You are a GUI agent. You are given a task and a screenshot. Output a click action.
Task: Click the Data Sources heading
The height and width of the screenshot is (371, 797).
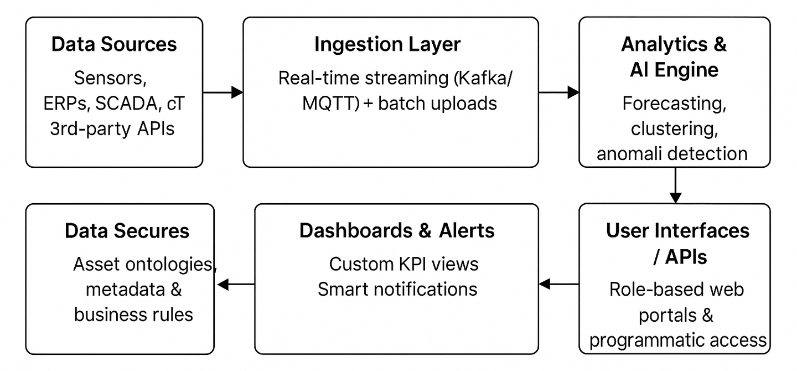114,44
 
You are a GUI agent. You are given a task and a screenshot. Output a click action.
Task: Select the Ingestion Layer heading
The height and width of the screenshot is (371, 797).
387,45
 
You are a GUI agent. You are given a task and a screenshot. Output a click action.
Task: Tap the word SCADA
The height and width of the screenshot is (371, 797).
126,104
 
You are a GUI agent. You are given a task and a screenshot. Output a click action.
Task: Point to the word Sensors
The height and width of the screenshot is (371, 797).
110,78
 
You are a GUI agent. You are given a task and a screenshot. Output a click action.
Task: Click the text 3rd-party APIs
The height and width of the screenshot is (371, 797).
112,128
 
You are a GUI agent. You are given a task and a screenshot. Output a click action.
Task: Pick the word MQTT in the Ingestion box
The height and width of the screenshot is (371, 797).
330,104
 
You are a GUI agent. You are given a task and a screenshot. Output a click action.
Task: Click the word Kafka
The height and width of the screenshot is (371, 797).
483,78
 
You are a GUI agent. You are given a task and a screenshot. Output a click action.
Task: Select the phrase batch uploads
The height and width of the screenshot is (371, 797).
437,104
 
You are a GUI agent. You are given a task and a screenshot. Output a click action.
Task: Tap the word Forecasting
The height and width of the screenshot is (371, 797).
674,104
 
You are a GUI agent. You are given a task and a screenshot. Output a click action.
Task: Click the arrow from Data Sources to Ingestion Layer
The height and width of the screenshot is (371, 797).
223,92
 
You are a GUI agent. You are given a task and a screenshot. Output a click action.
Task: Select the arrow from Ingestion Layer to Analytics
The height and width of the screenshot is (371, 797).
559,92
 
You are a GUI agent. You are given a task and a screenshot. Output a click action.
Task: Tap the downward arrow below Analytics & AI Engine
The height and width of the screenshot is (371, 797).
675,185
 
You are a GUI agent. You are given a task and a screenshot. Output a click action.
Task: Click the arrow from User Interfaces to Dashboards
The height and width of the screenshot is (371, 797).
559,284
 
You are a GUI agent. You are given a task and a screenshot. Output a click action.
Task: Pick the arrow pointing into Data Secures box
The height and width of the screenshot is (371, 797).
236,284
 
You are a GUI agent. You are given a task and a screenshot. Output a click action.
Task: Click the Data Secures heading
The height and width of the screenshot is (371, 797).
127,231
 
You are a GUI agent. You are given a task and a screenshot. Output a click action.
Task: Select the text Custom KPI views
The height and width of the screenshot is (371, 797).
404,264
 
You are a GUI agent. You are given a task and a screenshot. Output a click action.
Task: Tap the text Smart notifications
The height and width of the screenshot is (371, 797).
397,289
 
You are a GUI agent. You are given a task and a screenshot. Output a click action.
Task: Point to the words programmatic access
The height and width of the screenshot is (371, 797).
678,341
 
